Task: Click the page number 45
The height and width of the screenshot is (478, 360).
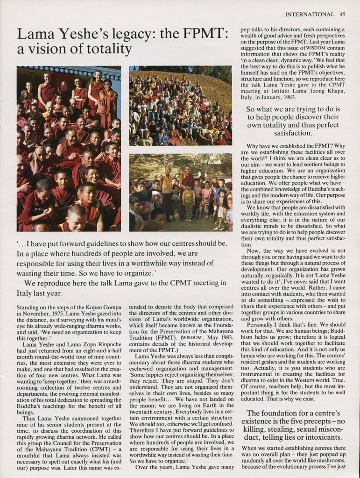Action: tap(342, 14)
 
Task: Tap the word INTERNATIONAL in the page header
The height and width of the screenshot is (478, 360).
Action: tap(310, 14)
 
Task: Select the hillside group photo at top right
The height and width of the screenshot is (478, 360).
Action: tap(180, 106)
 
